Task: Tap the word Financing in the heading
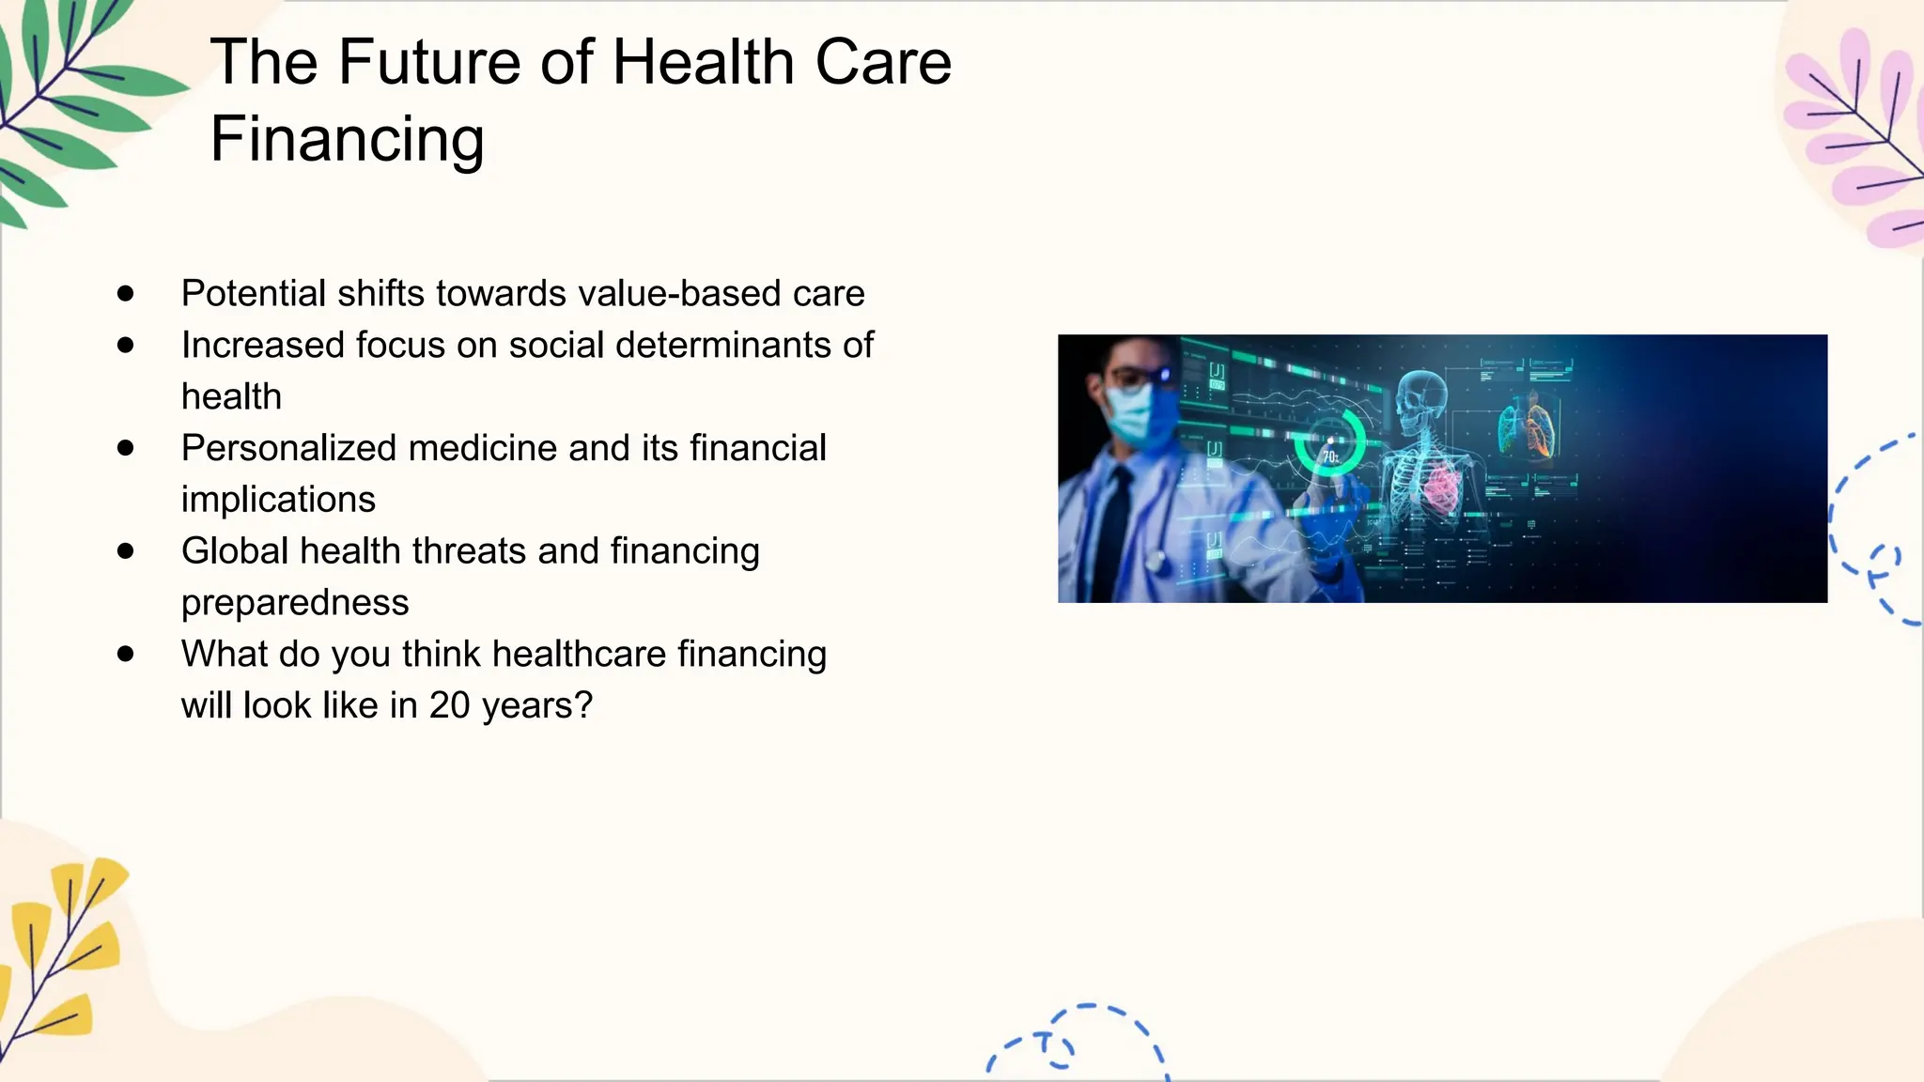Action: [x=347, y=139]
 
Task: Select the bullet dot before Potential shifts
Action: [x=126, y=294]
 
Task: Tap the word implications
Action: [x=278, y=500]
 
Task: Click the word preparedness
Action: [x=295, y=603]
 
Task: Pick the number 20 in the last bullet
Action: [x=449, y=705]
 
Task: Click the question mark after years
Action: [x=584, y=705]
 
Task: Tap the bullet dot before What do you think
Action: [x=126, y=654]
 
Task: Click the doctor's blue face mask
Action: [x=1139, y=414]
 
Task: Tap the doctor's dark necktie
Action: [x=1114, y=535]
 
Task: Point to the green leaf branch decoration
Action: [x=66, y=103]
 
